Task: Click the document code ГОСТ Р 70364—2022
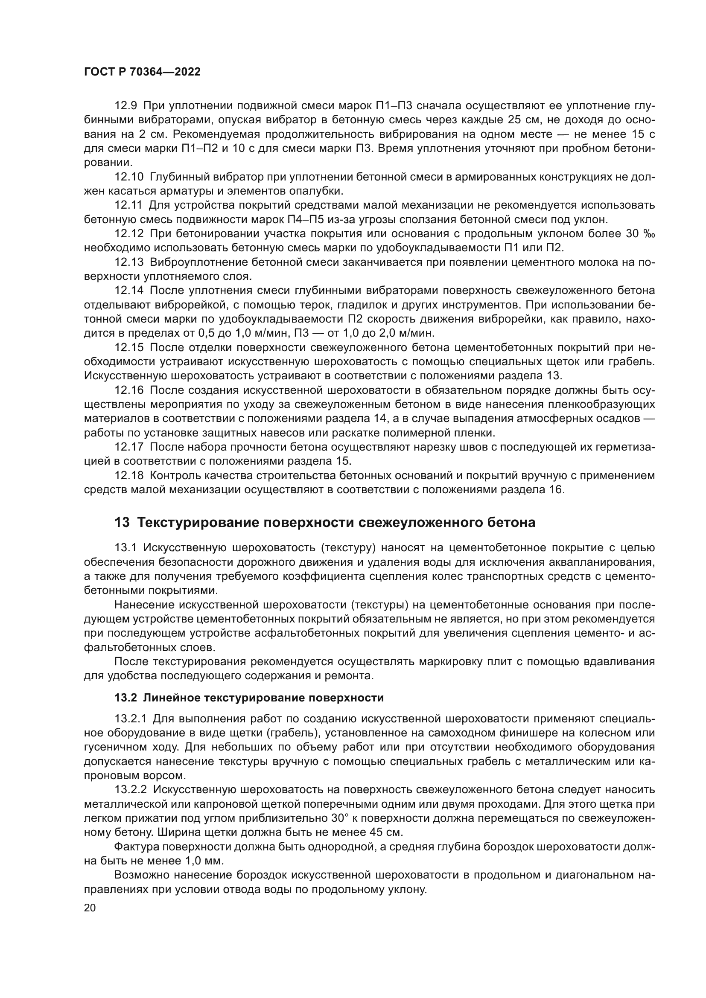pos(142,72)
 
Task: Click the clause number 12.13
pos(128,262)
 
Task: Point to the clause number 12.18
pos(128,475)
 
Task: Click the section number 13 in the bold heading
pos(122,523)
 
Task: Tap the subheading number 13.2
pos(125,698)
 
